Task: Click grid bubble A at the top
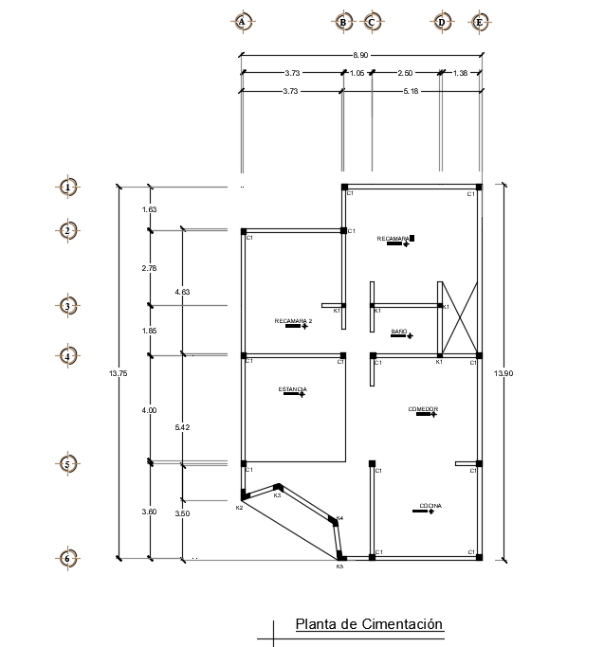[242, 21]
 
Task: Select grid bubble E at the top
[480, 21]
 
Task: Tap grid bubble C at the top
[372, 21]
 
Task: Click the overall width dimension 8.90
[359, 56]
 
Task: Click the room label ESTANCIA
[292, 389]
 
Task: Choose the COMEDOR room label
[423, 409]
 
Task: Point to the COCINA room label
[431, 506]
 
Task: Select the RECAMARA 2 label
[293, 321]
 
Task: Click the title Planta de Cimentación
[369, 624]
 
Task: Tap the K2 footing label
[239, 508]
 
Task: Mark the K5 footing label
[339, 566]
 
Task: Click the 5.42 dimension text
[182, 428]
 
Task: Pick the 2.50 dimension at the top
[405, 73]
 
